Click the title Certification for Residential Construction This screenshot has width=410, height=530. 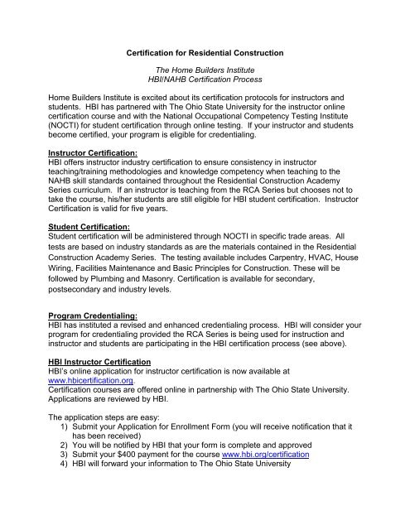[x=205, y=54]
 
